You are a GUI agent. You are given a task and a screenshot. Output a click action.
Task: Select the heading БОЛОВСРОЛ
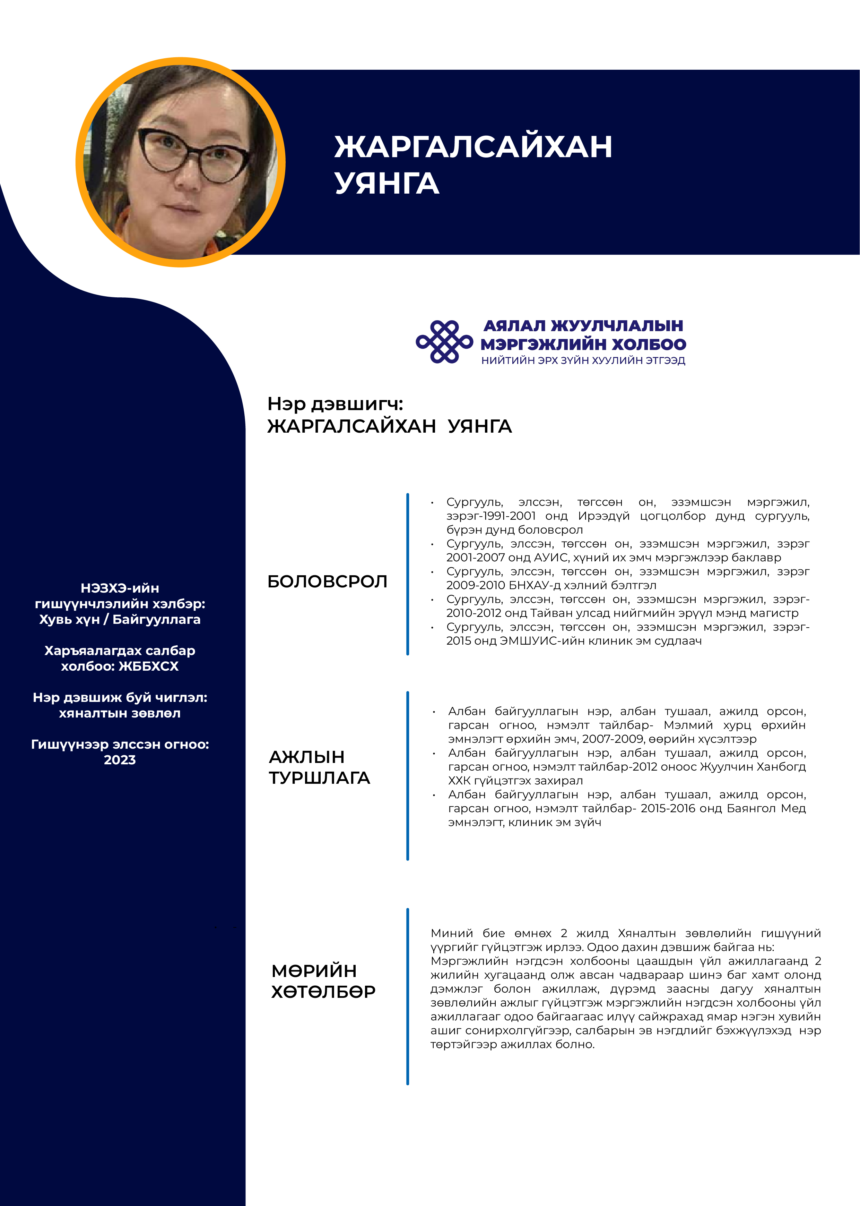(x=327, y=581)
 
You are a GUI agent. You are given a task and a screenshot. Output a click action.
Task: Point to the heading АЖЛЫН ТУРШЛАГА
(x=319, y=767)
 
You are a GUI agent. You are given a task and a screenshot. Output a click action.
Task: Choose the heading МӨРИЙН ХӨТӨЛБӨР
(x=323, y=981)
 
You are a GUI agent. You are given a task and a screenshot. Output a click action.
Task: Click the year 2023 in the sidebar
(x=120, y=760)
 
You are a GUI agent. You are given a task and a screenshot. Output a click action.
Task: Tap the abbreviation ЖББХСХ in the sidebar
(x=149, y=666)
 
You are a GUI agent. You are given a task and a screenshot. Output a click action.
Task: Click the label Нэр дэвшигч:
(x=335, y=404)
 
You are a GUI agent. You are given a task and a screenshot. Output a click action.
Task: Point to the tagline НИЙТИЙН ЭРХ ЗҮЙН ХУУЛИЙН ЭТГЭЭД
(x=583, y=360)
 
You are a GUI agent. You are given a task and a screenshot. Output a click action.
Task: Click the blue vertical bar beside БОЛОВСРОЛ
(x=407, y=574)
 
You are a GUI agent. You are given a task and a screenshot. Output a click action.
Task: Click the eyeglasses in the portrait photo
(x=193, y=155)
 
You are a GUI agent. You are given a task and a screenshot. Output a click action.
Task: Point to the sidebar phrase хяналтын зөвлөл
(x=120, y=713)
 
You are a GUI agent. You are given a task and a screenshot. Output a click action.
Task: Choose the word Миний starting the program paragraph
(x=451, y=933)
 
